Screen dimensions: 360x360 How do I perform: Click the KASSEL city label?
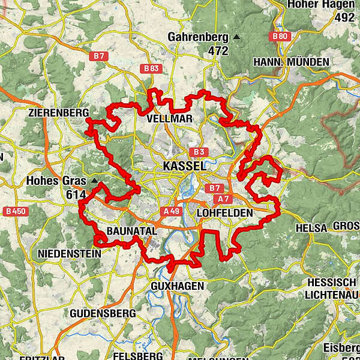click(x=184, y=166)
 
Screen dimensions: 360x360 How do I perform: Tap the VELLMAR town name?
click(x=170, y=119)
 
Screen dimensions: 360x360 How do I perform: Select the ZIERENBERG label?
click(x=58, y=113)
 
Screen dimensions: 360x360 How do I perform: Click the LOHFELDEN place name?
click(x=225, y=212)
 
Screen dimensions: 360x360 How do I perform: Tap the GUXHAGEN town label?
click(x=178, y=286)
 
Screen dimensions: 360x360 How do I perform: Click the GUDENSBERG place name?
click(x=100, y=313)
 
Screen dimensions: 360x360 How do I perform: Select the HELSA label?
click(x=311, y=228)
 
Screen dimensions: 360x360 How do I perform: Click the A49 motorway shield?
click(x=171, y=211)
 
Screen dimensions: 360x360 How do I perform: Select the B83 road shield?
click(x=151, y=69)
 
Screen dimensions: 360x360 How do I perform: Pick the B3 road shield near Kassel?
click(x=199, y=152)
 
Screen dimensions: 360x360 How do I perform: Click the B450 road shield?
click(x=15, y=211)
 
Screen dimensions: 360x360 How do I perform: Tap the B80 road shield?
click(x=280, y=37)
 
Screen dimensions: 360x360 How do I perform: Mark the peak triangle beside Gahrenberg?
click(x=236, y=37)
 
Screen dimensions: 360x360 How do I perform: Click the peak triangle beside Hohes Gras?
click(x=94, y=180)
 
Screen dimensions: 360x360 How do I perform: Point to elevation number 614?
click(x=77, y=194)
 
